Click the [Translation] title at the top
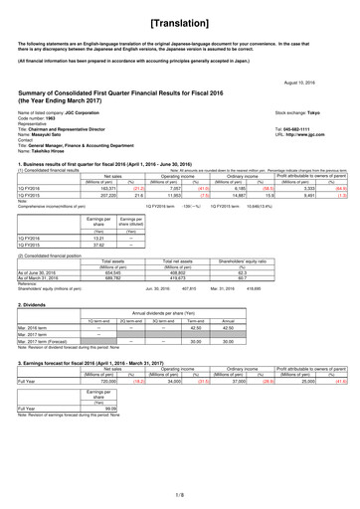180,20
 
